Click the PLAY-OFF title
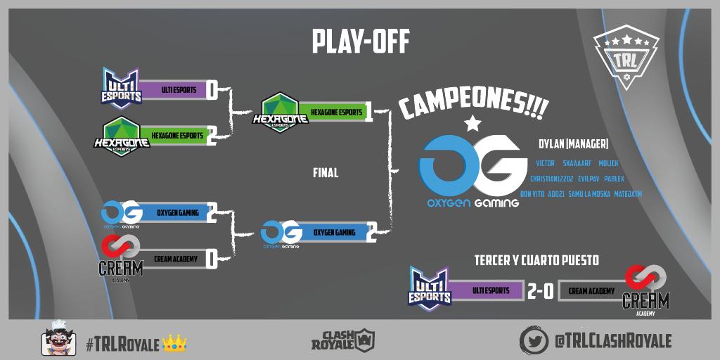coord(360,42)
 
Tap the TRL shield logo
coord(625,59)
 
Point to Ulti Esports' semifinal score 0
coord(211,90)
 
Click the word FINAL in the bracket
coord(326,172)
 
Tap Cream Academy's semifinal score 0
coord(211,259)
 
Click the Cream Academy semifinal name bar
coord(175,259)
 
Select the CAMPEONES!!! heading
coord(473,104)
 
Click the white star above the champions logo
coord(473,124)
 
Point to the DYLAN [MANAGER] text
coord(572,144)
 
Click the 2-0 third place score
coord(541,291)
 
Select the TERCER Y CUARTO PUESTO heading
coord(536,261)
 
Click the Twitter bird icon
coord(534,340)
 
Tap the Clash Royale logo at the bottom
coord(343,340)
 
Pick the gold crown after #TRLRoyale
coord(174,343)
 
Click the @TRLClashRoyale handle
coord(612,341)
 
